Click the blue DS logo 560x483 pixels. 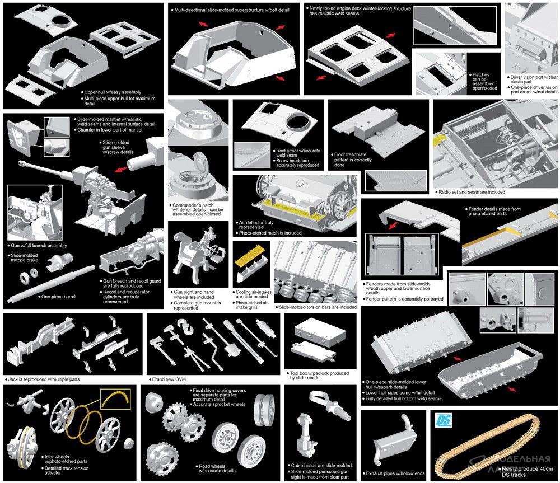[443, 420]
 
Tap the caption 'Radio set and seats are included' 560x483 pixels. [472, 192]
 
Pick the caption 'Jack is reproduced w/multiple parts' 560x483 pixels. [44, 379]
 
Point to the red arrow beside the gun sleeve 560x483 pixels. [121, 168]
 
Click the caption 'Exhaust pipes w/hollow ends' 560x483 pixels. [395, 473]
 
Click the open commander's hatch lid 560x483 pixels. [200, 161]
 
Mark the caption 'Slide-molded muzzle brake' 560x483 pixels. [24, 258]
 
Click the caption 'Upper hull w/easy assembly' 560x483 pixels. [113, 92]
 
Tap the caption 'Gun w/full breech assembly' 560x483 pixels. [39, 246]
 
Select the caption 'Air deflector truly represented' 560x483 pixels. [256, 225]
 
